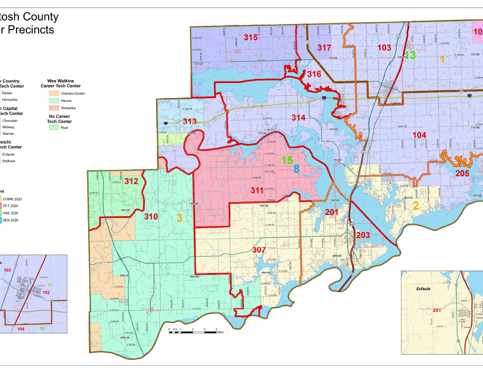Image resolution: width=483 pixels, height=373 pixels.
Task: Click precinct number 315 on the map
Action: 251,37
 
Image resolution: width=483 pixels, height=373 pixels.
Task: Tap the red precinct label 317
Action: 324,48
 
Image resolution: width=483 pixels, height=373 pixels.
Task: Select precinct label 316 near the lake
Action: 314,75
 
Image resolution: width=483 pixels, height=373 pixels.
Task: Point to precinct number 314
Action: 298,117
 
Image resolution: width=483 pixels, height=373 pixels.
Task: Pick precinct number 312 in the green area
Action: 131,181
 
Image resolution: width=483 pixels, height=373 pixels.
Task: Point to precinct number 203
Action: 363,235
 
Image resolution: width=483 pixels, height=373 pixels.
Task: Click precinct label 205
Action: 462,174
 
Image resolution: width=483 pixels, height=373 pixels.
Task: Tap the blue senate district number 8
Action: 296,169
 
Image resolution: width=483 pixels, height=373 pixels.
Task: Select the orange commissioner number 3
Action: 179,218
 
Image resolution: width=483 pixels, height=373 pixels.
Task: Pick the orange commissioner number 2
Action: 416,206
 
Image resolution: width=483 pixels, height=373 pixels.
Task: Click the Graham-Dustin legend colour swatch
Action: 54,93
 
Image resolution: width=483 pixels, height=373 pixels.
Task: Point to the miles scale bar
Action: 193,332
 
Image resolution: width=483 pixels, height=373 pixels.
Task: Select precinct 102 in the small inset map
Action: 46,292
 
